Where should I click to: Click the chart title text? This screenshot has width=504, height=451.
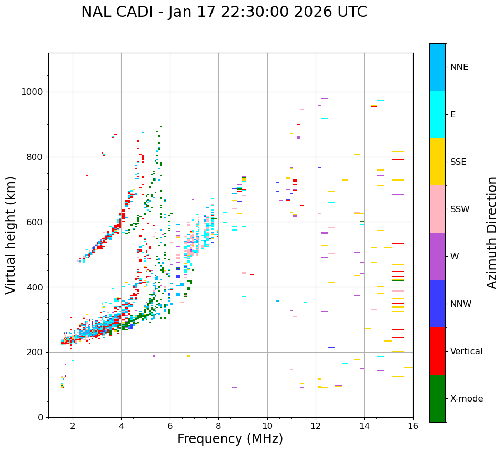coord(224,12)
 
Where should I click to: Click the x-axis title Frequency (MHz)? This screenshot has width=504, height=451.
coord(230,439)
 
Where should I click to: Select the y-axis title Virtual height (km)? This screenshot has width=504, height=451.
coord(11,235)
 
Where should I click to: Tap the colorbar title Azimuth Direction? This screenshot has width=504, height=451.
coord(492,233)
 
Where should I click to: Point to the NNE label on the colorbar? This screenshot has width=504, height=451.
coord(459,67)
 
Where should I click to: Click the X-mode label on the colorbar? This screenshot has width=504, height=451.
coord(466,399)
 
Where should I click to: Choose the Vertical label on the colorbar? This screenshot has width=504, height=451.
coord(466,352)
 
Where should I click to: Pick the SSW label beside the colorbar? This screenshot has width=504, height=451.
coord(460,209)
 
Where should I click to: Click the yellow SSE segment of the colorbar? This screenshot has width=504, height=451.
coord(437,162)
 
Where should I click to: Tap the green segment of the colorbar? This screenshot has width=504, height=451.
coord(437,398)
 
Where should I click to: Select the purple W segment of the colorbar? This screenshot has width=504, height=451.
coord(437,256)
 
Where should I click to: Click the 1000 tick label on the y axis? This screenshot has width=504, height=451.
coord(33,92)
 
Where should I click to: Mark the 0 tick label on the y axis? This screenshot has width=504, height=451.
coord(41,417)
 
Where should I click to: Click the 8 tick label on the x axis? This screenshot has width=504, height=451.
coord(218,426)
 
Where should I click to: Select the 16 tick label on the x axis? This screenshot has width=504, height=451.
coord(413,426)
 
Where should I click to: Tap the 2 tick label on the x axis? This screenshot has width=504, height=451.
coord(73,426)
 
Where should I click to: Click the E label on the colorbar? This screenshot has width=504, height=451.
coord(453,115)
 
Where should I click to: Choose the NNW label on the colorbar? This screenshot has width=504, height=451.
coord(461,304)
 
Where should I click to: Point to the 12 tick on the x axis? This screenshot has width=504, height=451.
coord(316,426)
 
